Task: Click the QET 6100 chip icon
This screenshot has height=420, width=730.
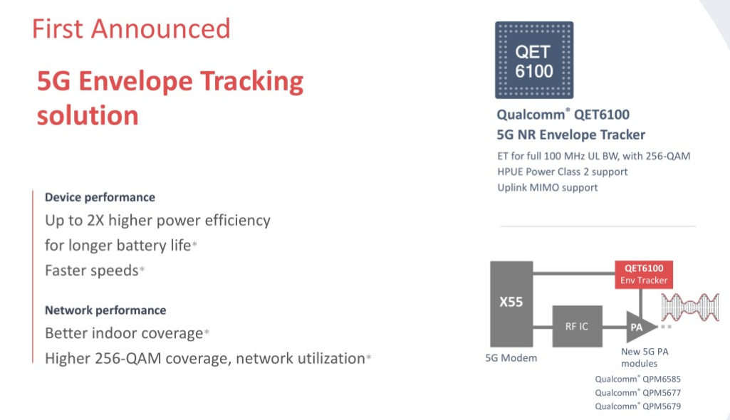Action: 534,60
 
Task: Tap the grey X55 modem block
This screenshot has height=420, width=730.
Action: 511,304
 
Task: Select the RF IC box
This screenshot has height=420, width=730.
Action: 577,326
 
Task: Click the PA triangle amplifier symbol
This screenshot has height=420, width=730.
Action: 640,327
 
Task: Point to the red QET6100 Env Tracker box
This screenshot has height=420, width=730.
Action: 643,274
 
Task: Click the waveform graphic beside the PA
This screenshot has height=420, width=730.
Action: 690,307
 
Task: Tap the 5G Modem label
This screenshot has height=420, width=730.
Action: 511,358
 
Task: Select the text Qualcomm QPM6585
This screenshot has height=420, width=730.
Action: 638,379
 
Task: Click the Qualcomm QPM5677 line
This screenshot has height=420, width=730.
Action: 638,392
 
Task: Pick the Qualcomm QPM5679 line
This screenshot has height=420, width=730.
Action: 638,406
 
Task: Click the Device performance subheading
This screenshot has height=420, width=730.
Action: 100,197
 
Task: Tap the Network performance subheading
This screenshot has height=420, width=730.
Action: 105,310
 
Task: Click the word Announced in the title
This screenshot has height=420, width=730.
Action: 161,29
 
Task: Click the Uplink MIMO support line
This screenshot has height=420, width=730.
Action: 548,187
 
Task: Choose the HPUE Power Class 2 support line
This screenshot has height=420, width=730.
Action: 563,172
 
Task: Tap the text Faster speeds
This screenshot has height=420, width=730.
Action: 92,271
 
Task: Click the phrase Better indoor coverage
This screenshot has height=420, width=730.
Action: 124,333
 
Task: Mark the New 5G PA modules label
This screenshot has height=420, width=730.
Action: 645,357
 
